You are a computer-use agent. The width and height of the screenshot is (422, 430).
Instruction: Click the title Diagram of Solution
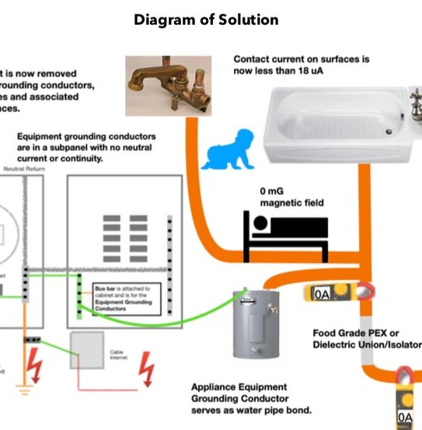(206, 19)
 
